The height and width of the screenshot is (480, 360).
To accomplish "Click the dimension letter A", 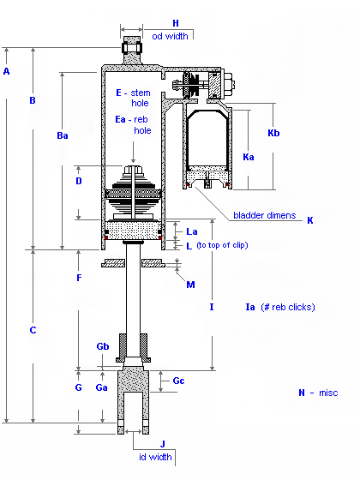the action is (7, 71).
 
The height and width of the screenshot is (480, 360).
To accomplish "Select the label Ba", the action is (63, 135).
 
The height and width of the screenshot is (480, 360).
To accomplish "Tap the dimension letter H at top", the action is (176, 23).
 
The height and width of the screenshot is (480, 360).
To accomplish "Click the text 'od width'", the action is (170, 36).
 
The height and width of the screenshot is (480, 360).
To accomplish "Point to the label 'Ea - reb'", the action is (131, 119).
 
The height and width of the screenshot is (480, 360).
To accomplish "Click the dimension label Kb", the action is (273, 133).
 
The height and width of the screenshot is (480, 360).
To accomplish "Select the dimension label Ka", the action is (249, 157).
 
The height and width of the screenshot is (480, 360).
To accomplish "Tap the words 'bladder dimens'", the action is (265, 215).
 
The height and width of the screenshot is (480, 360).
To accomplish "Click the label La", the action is (192, 231).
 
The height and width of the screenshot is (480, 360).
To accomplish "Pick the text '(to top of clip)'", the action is (222, 245).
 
